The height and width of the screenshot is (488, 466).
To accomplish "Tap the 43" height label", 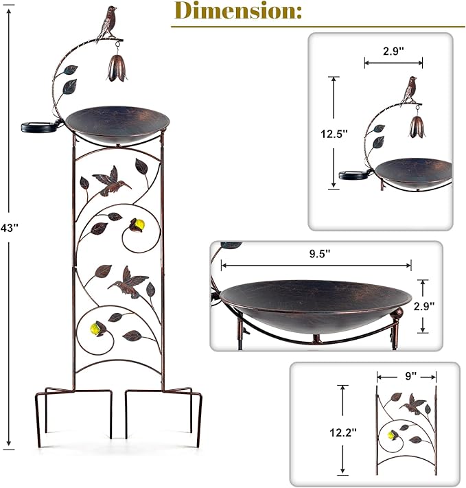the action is pos(10,228).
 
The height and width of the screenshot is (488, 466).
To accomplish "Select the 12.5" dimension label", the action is pos(334,134).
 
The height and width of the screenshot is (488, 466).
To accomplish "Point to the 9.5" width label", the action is pos(319,254).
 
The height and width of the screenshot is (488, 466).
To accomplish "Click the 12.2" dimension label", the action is pos(342,432).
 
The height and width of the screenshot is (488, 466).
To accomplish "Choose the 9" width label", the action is pos(410,376).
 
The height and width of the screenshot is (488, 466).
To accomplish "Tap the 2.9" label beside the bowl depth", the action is pos(423,306).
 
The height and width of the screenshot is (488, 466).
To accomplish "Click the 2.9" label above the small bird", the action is pos(393,51).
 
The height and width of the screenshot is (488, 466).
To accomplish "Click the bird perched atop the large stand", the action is pos(107,23).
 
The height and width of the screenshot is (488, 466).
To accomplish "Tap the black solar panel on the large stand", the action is pos(40,127).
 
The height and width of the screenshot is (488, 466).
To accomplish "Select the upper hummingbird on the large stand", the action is pos(111,181).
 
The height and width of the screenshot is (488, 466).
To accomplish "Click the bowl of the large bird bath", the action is pos(117,124).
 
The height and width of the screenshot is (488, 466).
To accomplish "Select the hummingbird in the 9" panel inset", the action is pos(412,404).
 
